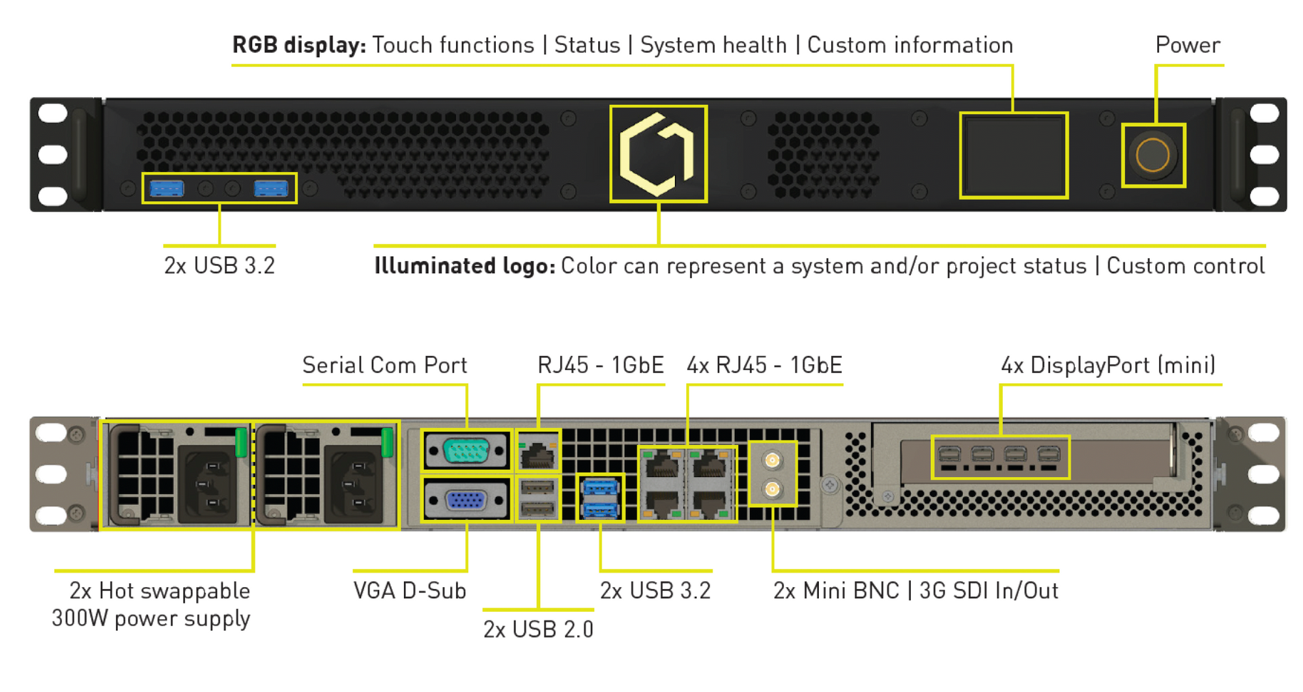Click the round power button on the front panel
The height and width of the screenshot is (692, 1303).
(1153, 156)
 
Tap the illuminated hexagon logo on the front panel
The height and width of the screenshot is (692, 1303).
(657, 154)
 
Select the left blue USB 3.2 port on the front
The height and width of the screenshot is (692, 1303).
(167, 189)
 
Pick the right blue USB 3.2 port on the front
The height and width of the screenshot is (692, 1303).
(270, 189)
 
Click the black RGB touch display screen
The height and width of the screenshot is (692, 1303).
(1013, 155)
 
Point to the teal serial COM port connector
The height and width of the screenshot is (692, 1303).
(466, 450)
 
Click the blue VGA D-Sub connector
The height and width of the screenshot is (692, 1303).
(465, 500)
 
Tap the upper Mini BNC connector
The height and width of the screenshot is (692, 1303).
(772, 460)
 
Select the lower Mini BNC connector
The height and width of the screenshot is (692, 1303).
(772, 488)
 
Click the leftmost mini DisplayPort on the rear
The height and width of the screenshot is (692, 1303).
(949, 454)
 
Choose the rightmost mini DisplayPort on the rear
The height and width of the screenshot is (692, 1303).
(1048, 454)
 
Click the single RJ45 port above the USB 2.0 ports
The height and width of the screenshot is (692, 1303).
(537, 452)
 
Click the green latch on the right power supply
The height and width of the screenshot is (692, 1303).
(387, 442)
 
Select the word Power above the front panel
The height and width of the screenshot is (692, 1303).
(1187, 45)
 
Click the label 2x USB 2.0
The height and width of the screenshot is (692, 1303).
(538, 629)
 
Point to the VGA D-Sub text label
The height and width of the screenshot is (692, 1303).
(410, 591)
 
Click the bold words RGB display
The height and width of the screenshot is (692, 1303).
(298, 45)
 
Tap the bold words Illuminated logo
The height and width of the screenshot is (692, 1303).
(464, 266)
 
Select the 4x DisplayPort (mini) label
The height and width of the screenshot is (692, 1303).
(1108, 365)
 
